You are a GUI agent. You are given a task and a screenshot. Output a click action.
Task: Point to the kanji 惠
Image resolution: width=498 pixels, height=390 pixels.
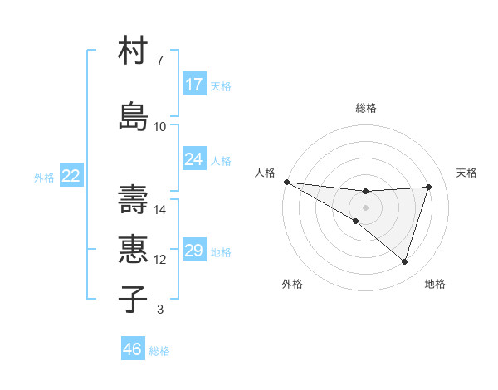pos(134,248)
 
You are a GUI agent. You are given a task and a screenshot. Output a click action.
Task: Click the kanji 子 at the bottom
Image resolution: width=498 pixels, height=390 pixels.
pos(134,299)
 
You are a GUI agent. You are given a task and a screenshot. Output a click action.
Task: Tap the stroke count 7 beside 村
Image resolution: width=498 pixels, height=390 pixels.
pos(159,61)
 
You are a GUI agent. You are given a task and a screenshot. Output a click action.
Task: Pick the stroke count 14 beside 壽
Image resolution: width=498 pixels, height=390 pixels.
pos(160,209)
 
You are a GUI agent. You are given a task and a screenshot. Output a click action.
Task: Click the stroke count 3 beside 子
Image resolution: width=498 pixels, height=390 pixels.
pos(159,310)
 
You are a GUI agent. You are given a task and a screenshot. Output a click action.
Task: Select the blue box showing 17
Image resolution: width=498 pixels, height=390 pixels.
pos(194,85)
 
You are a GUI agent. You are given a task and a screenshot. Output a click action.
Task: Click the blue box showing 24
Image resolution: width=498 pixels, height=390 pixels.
pos(194,158)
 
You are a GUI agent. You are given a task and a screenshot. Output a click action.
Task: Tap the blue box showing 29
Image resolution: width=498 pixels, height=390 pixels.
pos(194,251)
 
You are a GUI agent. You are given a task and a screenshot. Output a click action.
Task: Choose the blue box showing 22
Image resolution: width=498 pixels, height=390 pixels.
pos(71,176)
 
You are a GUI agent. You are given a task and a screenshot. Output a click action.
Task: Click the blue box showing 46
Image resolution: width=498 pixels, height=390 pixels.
pos(133,349)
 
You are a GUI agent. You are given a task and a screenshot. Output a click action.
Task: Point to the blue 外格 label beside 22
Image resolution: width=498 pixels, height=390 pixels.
pos(44,177)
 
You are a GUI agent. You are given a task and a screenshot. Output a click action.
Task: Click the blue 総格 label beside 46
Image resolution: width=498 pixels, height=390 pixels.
pos(159,351)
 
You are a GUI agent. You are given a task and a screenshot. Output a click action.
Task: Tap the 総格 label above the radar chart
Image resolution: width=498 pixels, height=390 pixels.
pos(365,108)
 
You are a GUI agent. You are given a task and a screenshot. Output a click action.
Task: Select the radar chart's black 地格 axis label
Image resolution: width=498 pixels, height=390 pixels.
pos(435,284)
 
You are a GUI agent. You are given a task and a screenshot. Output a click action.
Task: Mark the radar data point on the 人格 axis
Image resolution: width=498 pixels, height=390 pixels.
pos(286,181)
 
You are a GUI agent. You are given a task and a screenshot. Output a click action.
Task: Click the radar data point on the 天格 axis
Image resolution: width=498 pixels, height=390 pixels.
pos(428,187)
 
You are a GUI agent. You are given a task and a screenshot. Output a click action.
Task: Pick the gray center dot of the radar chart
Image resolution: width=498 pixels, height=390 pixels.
pos(365,206)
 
